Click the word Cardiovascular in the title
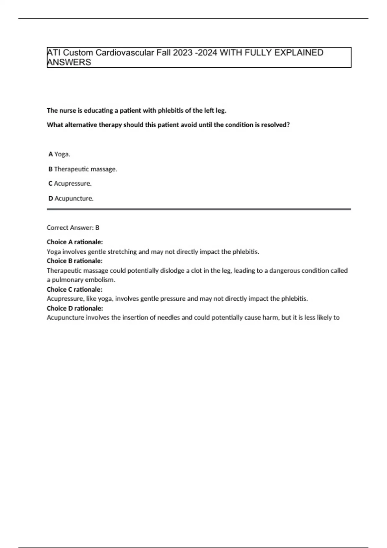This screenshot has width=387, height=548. (124, 53)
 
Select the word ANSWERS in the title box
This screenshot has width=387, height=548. (69, 62)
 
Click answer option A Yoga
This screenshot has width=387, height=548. (59, 154)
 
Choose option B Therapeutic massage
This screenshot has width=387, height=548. (83, 169)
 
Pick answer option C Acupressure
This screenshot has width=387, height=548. (70, 183)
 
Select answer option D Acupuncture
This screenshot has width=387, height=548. (71, 198)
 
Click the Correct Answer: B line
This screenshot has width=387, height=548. (73, 228)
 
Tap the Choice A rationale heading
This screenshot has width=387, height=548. (75, 242)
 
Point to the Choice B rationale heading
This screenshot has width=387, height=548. (74, 261)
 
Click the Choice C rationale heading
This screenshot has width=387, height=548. (74, 289)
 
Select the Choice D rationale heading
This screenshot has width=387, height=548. (75, 308)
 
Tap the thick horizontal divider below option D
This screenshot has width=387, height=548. (199, 209)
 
